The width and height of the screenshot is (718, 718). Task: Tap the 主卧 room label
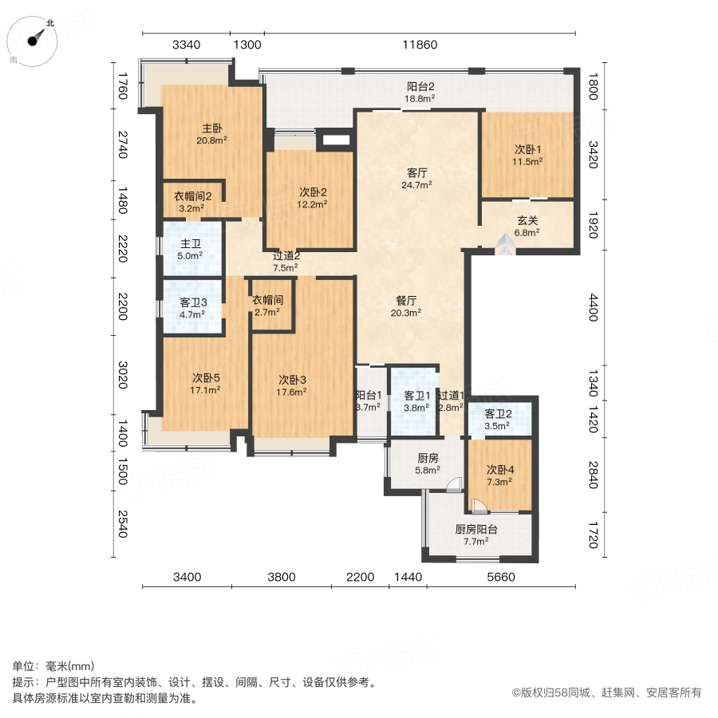[211, 128]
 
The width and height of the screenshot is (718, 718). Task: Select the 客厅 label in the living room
[417, 172]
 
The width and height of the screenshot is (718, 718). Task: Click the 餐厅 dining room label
[407, 301]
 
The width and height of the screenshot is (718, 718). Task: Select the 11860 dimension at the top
[420, 45]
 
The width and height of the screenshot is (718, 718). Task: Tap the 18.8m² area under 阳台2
[419, 99]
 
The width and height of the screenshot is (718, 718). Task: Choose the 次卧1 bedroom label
[527, 149]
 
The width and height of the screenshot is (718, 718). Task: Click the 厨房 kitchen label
[428, 459]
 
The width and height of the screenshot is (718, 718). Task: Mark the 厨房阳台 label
[476, 529]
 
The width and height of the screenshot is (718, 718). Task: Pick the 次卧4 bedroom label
[501, 470]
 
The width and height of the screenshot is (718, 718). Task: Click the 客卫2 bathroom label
[499, 413]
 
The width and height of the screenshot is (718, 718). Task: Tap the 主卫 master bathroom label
[190, 244]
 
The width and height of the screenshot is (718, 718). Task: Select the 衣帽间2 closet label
[192, 196]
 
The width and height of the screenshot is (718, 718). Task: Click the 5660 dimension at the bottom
[501, 577]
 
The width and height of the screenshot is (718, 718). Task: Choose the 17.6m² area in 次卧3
[293, 391]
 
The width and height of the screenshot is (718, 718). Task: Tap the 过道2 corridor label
[286, 256]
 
